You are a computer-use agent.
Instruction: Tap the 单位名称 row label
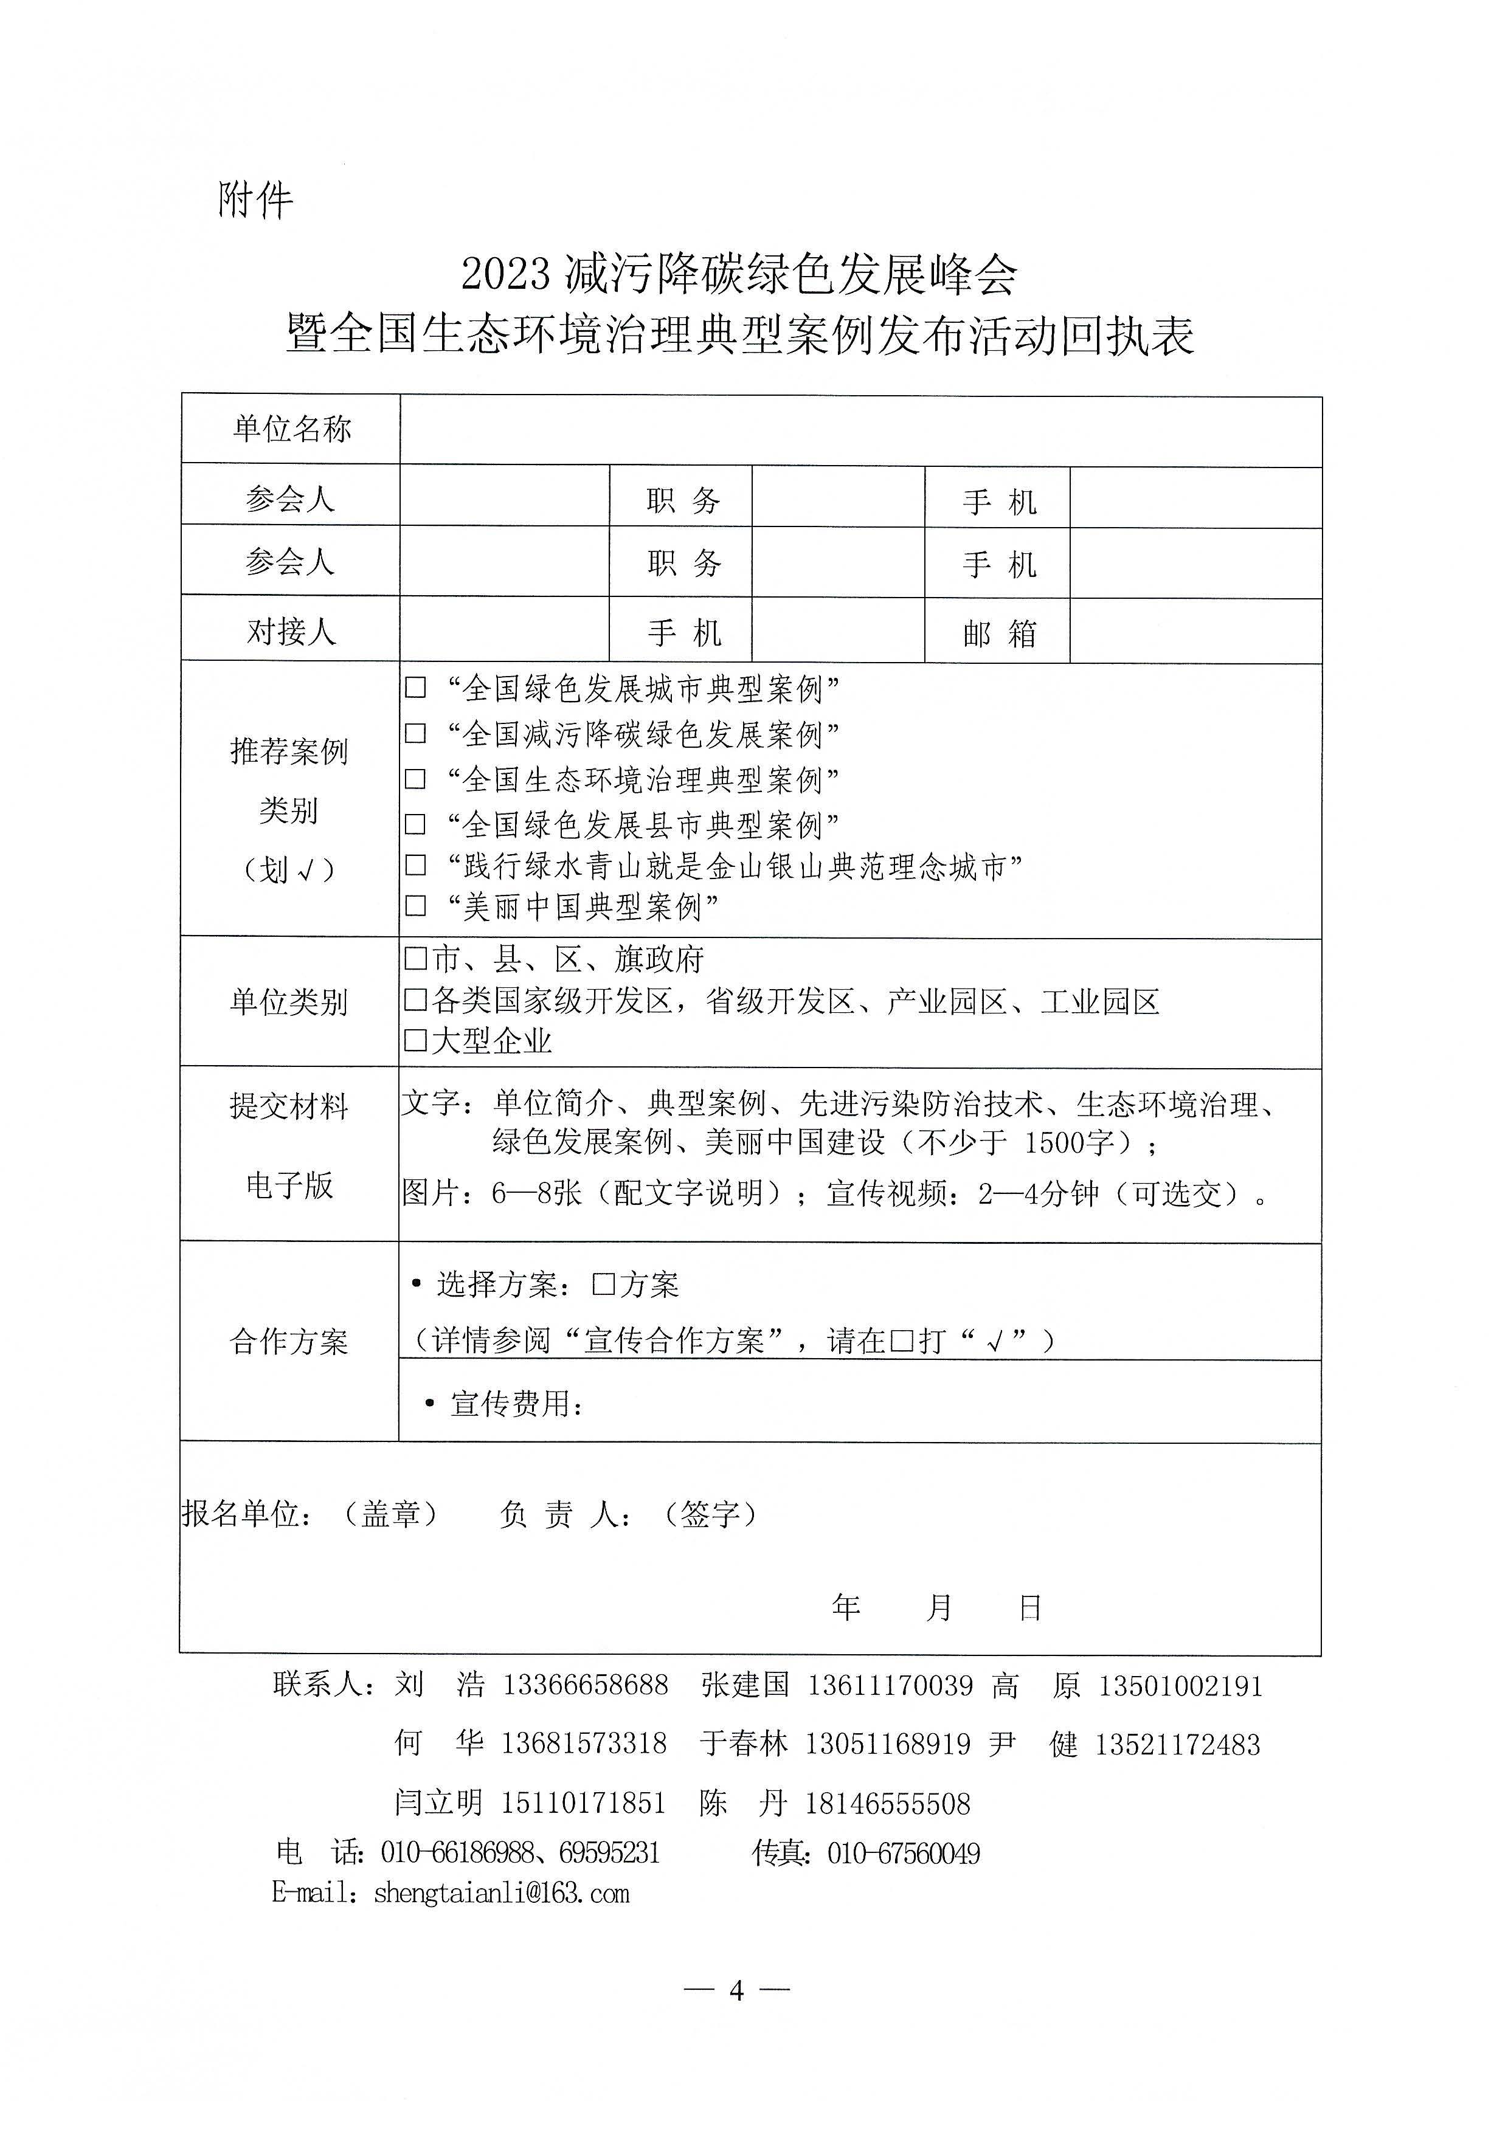[292, 429]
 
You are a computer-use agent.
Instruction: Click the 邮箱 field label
[998, 634]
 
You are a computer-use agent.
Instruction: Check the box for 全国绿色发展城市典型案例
[416, 688]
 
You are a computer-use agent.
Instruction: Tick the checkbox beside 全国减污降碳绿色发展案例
[416, 734]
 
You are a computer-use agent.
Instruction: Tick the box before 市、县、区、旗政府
[416, 958]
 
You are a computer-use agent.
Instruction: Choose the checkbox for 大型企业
[416, 1040]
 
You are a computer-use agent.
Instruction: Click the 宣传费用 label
[516, 1404]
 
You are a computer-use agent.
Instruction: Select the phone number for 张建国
[890, 1685]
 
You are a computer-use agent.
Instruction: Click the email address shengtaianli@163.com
[502, 1893]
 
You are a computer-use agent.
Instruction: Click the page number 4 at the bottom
[736, 1990]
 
